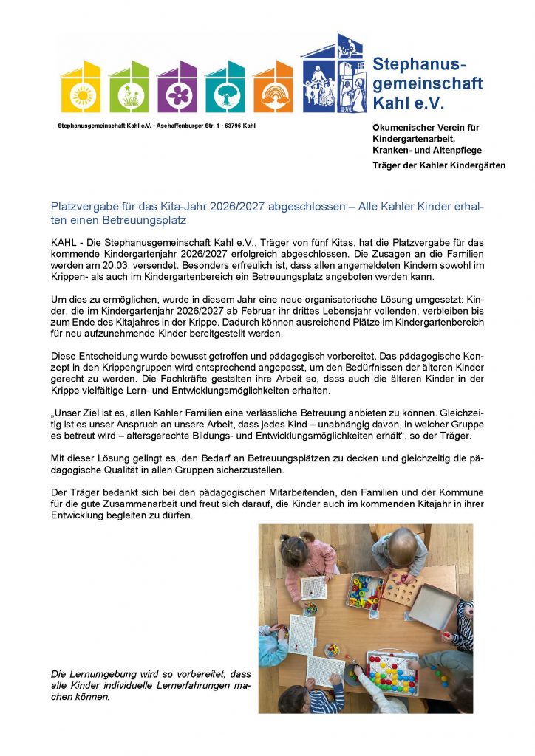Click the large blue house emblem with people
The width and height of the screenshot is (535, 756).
point(332,74)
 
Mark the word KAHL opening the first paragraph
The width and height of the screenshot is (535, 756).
point(64,241)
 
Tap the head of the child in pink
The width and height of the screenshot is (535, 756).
point(293,549)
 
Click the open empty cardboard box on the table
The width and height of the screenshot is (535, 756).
point(435,605)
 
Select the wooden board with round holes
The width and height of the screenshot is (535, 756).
point(403,585)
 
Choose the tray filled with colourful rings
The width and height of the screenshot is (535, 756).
point(365,591)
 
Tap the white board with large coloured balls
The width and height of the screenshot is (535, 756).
point(392,671)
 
